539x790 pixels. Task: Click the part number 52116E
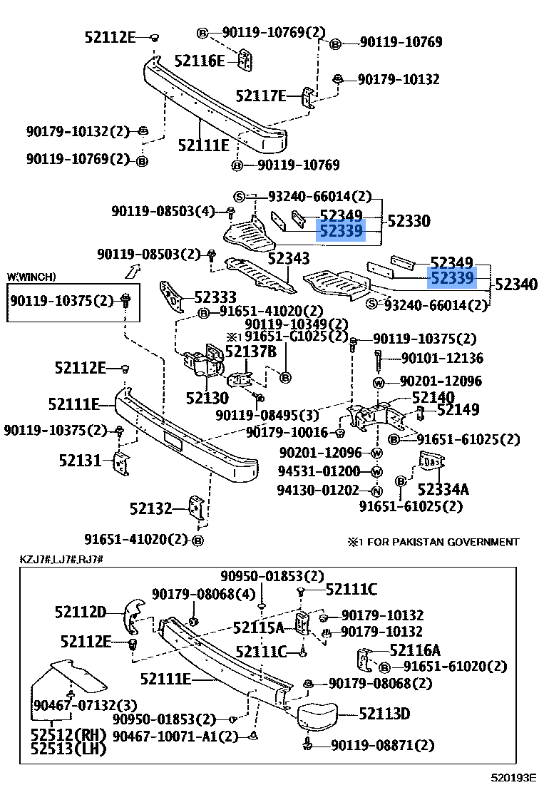[x=200, y=61]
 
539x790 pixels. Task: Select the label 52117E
[x=260, y=96]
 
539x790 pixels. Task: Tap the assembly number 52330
[x=409, y=221]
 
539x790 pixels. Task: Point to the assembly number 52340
[x=515, y=284]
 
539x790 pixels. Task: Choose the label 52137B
[x=250, y=351]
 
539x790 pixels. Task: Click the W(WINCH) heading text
[x=31, y=277]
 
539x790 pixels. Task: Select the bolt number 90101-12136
[x=442, y=358]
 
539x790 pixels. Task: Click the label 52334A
[x=443, y=489]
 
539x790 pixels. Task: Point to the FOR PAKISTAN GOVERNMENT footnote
[x=433, y=542]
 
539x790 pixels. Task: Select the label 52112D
[x=80, y=611]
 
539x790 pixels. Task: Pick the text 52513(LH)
[x=67, y=748]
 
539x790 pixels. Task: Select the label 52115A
[x=259, y=627]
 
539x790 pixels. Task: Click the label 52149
[x=458, y=409]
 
